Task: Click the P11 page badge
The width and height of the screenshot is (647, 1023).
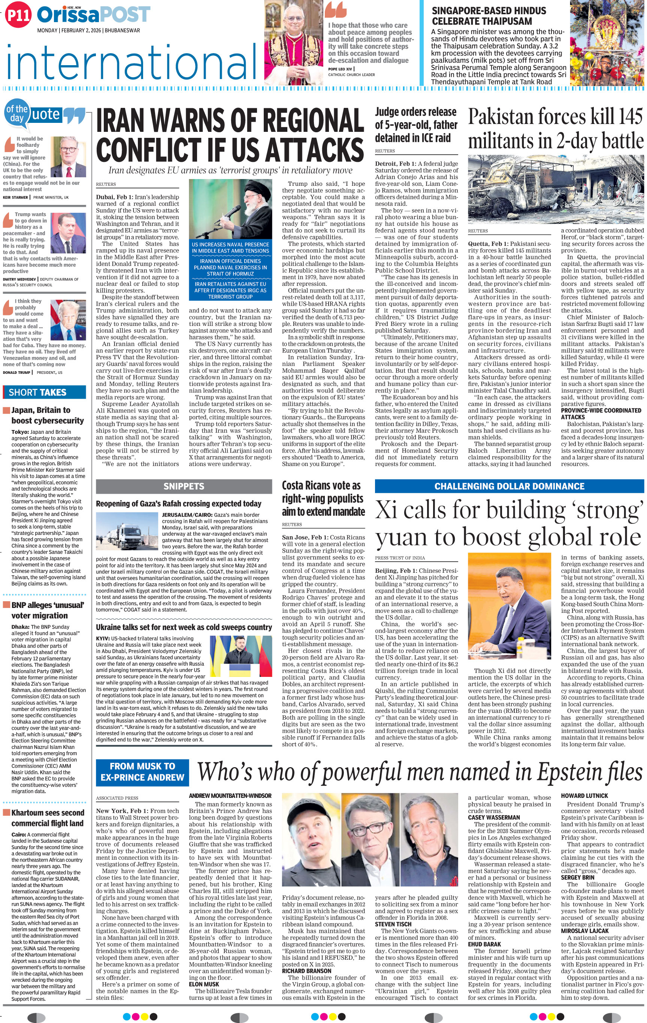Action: [18, 15]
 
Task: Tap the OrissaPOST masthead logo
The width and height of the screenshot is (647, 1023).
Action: [93, 15]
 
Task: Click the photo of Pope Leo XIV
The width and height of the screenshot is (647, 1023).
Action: [293, 42]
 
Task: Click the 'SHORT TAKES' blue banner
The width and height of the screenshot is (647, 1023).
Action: [44, 392]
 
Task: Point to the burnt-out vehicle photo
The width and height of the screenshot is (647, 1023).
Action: [556, 189]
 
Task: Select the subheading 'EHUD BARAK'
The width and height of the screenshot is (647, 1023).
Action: [484, 944]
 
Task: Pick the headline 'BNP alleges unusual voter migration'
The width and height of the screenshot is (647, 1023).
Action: [48, 610]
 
